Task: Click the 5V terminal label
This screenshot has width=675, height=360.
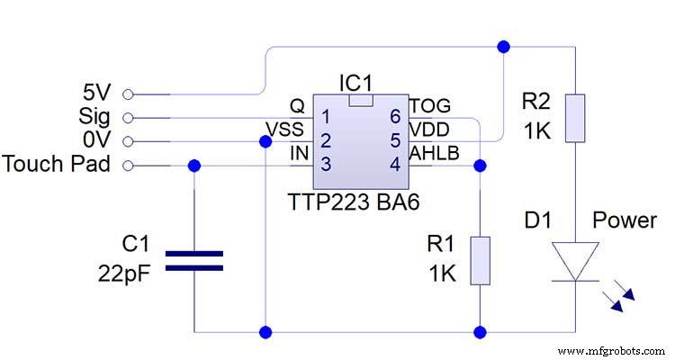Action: (x=97, y=93)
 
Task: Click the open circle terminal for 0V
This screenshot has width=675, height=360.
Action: (x=127, y=140)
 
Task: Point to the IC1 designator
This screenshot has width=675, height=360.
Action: (x=356, y=83)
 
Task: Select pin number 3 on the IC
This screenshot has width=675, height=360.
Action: (x=326, y=164)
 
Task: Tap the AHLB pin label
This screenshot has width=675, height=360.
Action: (x=435, y=154)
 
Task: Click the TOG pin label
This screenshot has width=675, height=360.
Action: (x=430, y=106)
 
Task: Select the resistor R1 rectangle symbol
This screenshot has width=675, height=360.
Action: (x=481, y=260)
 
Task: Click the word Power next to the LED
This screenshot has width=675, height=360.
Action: (x=624, y=220)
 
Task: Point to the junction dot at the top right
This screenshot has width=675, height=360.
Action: (x=502, y=44)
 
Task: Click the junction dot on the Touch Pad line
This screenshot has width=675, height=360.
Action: (x=195, y=165)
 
